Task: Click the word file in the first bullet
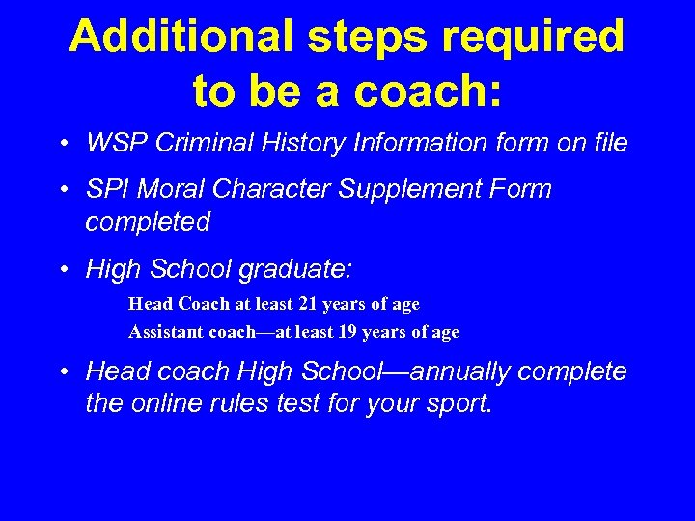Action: [x=608, y=144]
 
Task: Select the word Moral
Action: [x=170, y=189]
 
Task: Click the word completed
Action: [x=148, y=222]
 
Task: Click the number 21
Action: [x=308, y=304]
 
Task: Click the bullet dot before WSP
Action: [x=62, y=145]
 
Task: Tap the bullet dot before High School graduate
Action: [x=62, y=269]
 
